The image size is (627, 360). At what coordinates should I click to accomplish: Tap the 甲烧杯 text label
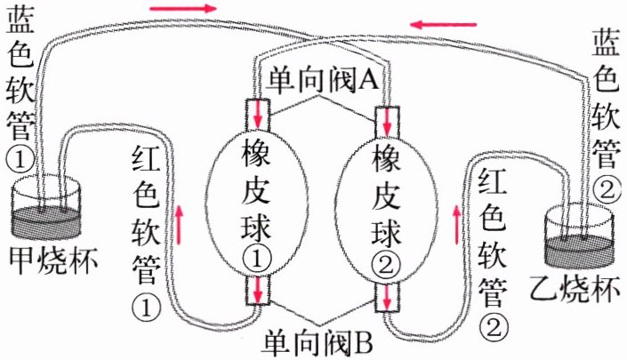(x=52, y=259)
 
